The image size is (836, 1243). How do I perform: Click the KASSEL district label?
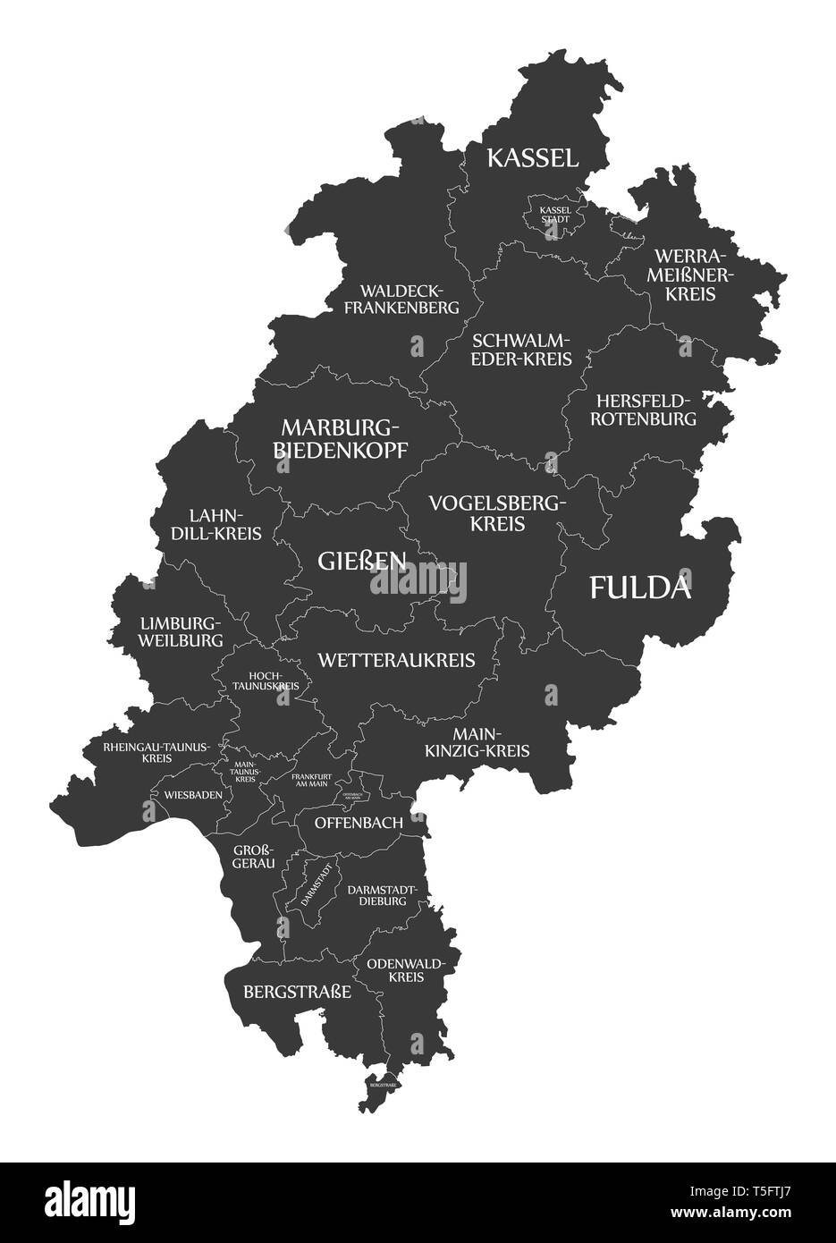pos(532,158)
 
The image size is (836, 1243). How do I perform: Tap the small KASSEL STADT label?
pos(553,214)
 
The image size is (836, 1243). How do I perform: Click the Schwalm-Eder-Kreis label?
pos(520,350)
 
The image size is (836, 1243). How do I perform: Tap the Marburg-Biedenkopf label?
pos(339,436)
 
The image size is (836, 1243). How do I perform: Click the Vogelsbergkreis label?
pos(497,513)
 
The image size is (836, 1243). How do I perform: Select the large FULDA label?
pos(640,588)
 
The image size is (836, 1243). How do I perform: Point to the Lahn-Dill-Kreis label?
pos(224,525)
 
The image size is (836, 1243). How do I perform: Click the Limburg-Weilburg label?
pos(181,631)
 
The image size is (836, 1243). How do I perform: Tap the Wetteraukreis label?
pos(396,660)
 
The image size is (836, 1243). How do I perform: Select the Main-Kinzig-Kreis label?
pos(477,741)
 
